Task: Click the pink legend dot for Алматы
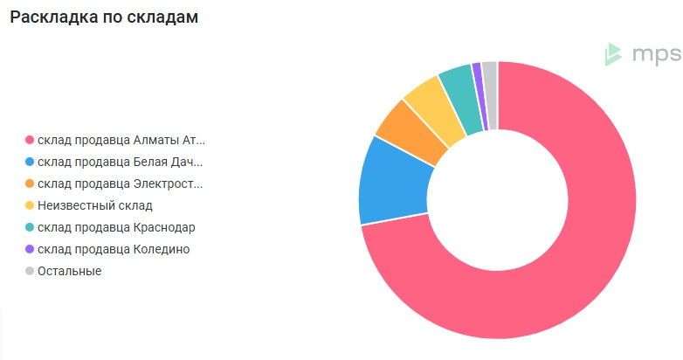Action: pyautogui.click(x=30, y=140)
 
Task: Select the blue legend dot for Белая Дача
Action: pyautogui.click(x=30, y=162)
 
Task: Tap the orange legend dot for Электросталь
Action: pyautogui.click(x=30, y=183)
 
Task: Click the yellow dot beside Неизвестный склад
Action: pyautogui.click(x=30, y=205)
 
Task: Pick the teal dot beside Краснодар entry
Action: pyautogui.click(x=30, y=227)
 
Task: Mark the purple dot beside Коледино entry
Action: pyautogui.click(x=30, y=249)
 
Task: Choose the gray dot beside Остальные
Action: pyautogui.click(x=30, y=271)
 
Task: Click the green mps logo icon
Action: pyautogui.click(x=614, y=54)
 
